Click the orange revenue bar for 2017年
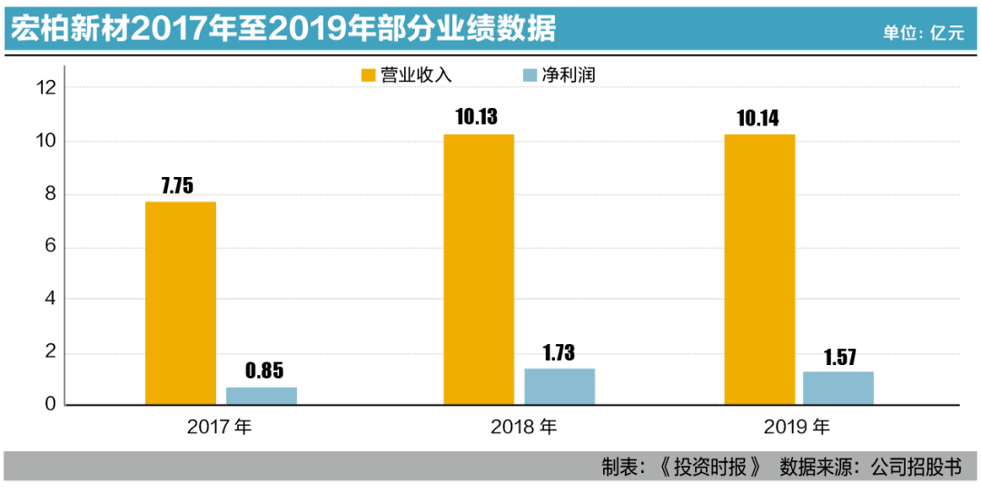pos(181,303)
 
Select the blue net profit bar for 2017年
pos(262,396)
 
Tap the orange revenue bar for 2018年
pos(479,270)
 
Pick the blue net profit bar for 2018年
pos(560,386)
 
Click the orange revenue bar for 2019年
pos(759,270)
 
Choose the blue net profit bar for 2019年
pos(838,388)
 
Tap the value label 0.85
pos(264,370)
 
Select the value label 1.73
pos(560,352)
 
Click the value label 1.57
pos(838,356)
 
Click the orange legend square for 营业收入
pos(368,75)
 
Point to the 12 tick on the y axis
pos(45,88)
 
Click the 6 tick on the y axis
pos(51,247)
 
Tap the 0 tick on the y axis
pos(51,405)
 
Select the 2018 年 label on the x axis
pos(525,427)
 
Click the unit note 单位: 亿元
pos(923,32)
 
